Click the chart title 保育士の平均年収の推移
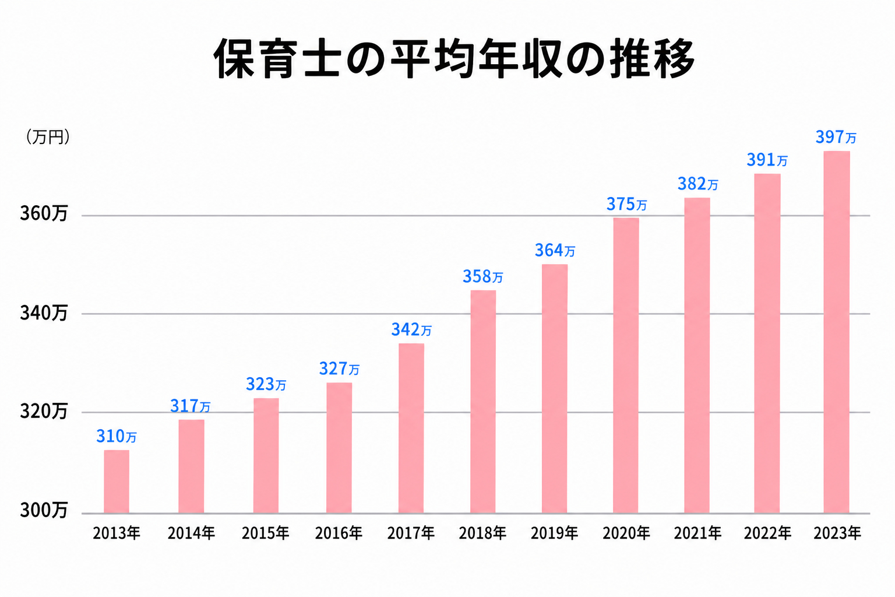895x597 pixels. tap(454, 59)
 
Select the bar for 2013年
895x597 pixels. tap(117, 482)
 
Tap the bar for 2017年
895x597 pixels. tap(411, 429)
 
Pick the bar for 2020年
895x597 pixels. tap(626, 366)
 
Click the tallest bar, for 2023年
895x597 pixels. tap(836, 332)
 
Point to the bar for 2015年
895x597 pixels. tap(266, 456)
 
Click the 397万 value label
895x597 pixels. tap(836, 138)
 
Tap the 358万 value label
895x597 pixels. tap(482, 276)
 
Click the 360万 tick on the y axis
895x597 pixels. tap(44, 214)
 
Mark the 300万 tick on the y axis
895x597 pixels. tap(44, 511)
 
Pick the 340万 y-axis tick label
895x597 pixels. tap(44, 314)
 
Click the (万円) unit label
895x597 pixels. tap(48, 137)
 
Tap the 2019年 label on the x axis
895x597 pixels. tap(554, 533)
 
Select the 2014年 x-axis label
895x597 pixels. tap(191, 533)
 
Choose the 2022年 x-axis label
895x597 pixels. tap(767, 533)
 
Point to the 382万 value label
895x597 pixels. tap(697, 184)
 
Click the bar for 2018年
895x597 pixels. tap(483, 402)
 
